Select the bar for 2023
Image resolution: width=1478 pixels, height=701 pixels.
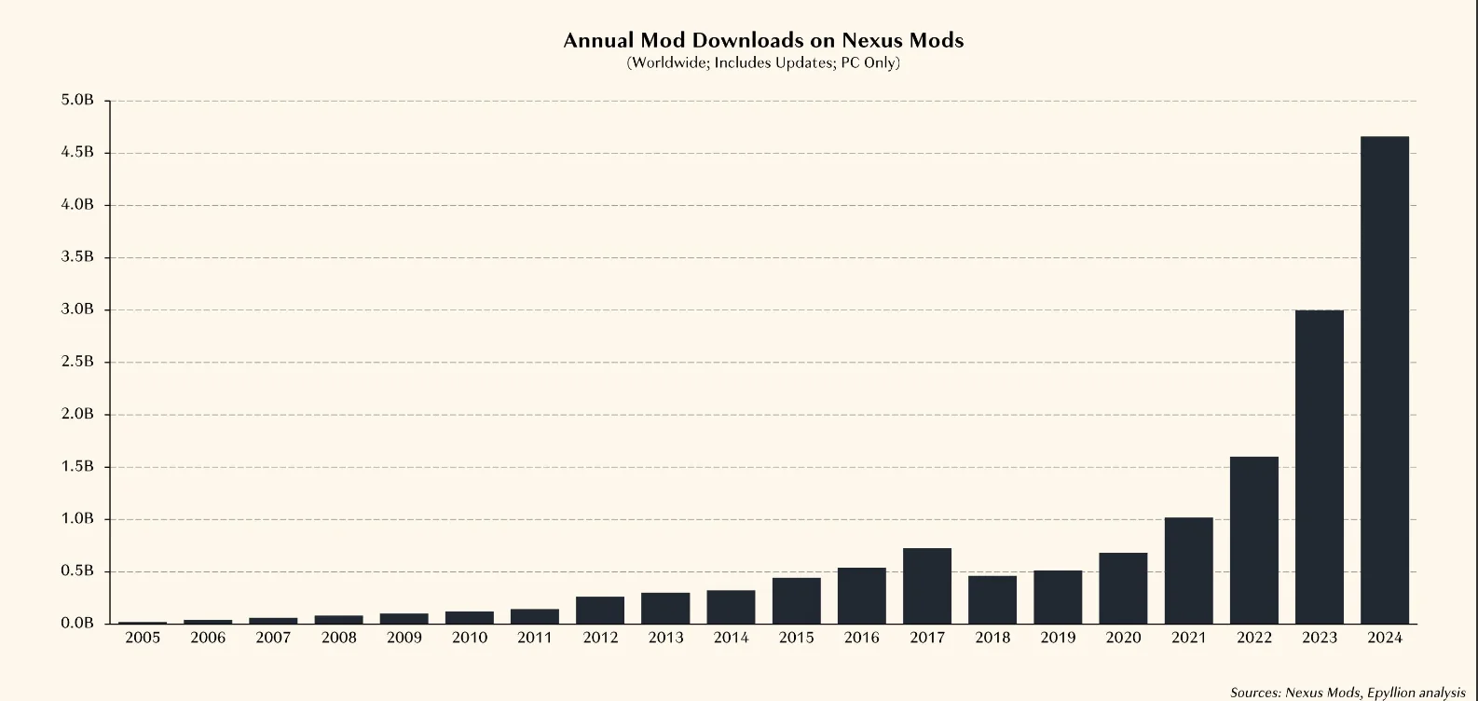click(x=1320, y=467)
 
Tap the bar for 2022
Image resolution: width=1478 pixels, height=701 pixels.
click(x=1254, y=540)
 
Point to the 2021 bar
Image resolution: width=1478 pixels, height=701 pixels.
click(x=1189, y=570)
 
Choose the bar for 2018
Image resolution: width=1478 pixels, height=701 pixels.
click(x=992, y=599)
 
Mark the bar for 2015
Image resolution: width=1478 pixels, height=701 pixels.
click(x=797, y=600)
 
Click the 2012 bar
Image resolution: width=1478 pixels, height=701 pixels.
click(x=600, y=610)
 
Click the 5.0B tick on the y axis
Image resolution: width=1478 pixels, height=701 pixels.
click(x=77, y=101)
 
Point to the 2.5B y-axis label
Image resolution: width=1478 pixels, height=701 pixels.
click(x=77, y=362)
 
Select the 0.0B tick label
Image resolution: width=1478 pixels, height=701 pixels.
click(x=77, y=624)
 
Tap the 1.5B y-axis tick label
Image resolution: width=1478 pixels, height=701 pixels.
click(x=77, y=466)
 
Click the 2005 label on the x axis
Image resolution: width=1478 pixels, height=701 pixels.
click(x=143, y=639)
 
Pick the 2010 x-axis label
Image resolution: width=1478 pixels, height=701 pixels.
click(x=470, y=639)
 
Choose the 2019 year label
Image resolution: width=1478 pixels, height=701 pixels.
click(x=1058, y=639)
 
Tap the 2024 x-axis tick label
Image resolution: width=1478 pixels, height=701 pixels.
click(x=1385, y=639)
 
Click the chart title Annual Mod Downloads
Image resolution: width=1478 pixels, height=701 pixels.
click(x=763, y=40)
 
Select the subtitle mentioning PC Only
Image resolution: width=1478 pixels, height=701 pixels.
click(x=763, y=63)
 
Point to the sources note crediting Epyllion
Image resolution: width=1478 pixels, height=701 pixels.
click(x=1348, y=693)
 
